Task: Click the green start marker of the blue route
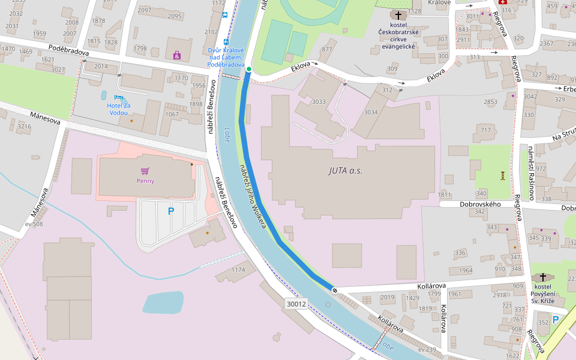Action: tap(248, 70)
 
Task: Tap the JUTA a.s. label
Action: tap(345, 170)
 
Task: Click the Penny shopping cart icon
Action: tap(145, 171)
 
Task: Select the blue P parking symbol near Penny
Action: tap(171, 211)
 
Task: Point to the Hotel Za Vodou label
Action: tap(118, 109)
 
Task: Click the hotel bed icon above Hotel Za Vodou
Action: tap(118, 97)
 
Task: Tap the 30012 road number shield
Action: tap(296, 304)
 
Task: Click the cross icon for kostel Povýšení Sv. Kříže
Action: tap(543, 277)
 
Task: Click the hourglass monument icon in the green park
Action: tap(502, 175)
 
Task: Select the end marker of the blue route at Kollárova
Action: tap(334, 290)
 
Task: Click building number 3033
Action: tap(319, 101)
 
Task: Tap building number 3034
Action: tap(371, 112)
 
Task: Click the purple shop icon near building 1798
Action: tap(176, 55)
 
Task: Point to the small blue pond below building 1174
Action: tap(163, 302)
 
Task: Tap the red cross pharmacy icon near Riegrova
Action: tap(503, 2)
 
